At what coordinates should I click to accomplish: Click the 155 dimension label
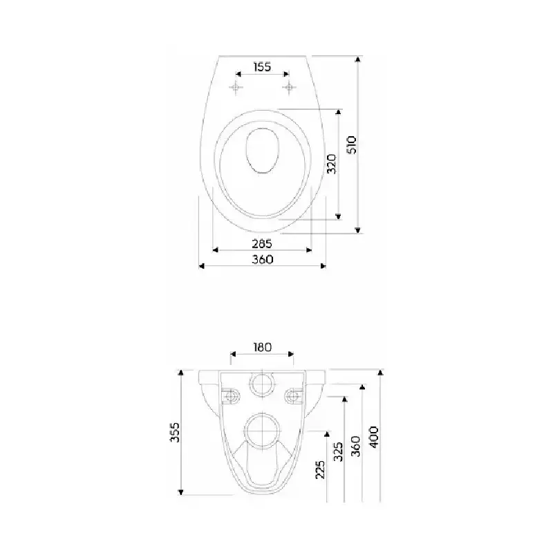[262, 66]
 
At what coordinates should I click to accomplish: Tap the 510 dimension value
[353, 144]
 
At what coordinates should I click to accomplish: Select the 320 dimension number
[332, 164]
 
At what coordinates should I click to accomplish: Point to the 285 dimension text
[262, 244]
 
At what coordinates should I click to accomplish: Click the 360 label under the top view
[263, 260]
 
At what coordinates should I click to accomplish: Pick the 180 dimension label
[263, 348]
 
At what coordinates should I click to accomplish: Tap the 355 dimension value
[175, 432]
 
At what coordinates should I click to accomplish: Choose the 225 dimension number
[320, 469]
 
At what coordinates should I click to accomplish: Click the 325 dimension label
[338, 452]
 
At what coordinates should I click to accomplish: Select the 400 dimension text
[374, 437]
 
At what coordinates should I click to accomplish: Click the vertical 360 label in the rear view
[356, 446]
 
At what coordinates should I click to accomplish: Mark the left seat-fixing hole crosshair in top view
[236, 87]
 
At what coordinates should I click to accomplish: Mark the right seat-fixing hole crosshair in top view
[289, 87]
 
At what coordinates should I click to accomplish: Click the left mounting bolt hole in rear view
[231, 397]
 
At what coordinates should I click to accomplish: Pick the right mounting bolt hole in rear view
[293, 397]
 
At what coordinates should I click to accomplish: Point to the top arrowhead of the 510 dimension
[358, 59]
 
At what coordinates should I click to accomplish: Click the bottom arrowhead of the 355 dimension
[181, 492]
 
